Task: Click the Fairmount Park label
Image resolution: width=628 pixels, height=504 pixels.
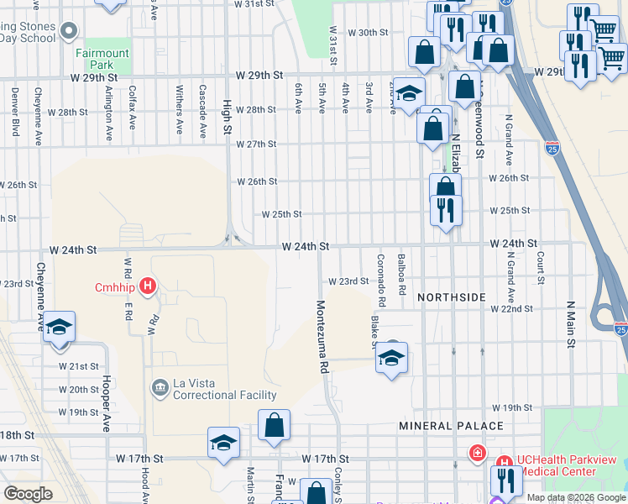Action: point(106,59)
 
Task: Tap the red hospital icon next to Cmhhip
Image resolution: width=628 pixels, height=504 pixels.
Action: point(148,286)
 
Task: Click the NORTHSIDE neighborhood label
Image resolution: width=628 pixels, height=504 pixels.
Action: point(451,297)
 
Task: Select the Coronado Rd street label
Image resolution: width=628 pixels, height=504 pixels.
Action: point(381,280)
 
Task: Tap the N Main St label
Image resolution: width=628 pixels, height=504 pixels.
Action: point(570,324)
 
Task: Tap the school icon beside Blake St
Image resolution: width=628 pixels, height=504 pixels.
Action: point(391,359)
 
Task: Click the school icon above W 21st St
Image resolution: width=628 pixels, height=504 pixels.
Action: point(59,328)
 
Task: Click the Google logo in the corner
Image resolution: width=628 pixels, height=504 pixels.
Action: point(28,494)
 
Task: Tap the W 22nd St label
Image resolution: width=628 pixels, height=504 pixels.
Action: point(512,309)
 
